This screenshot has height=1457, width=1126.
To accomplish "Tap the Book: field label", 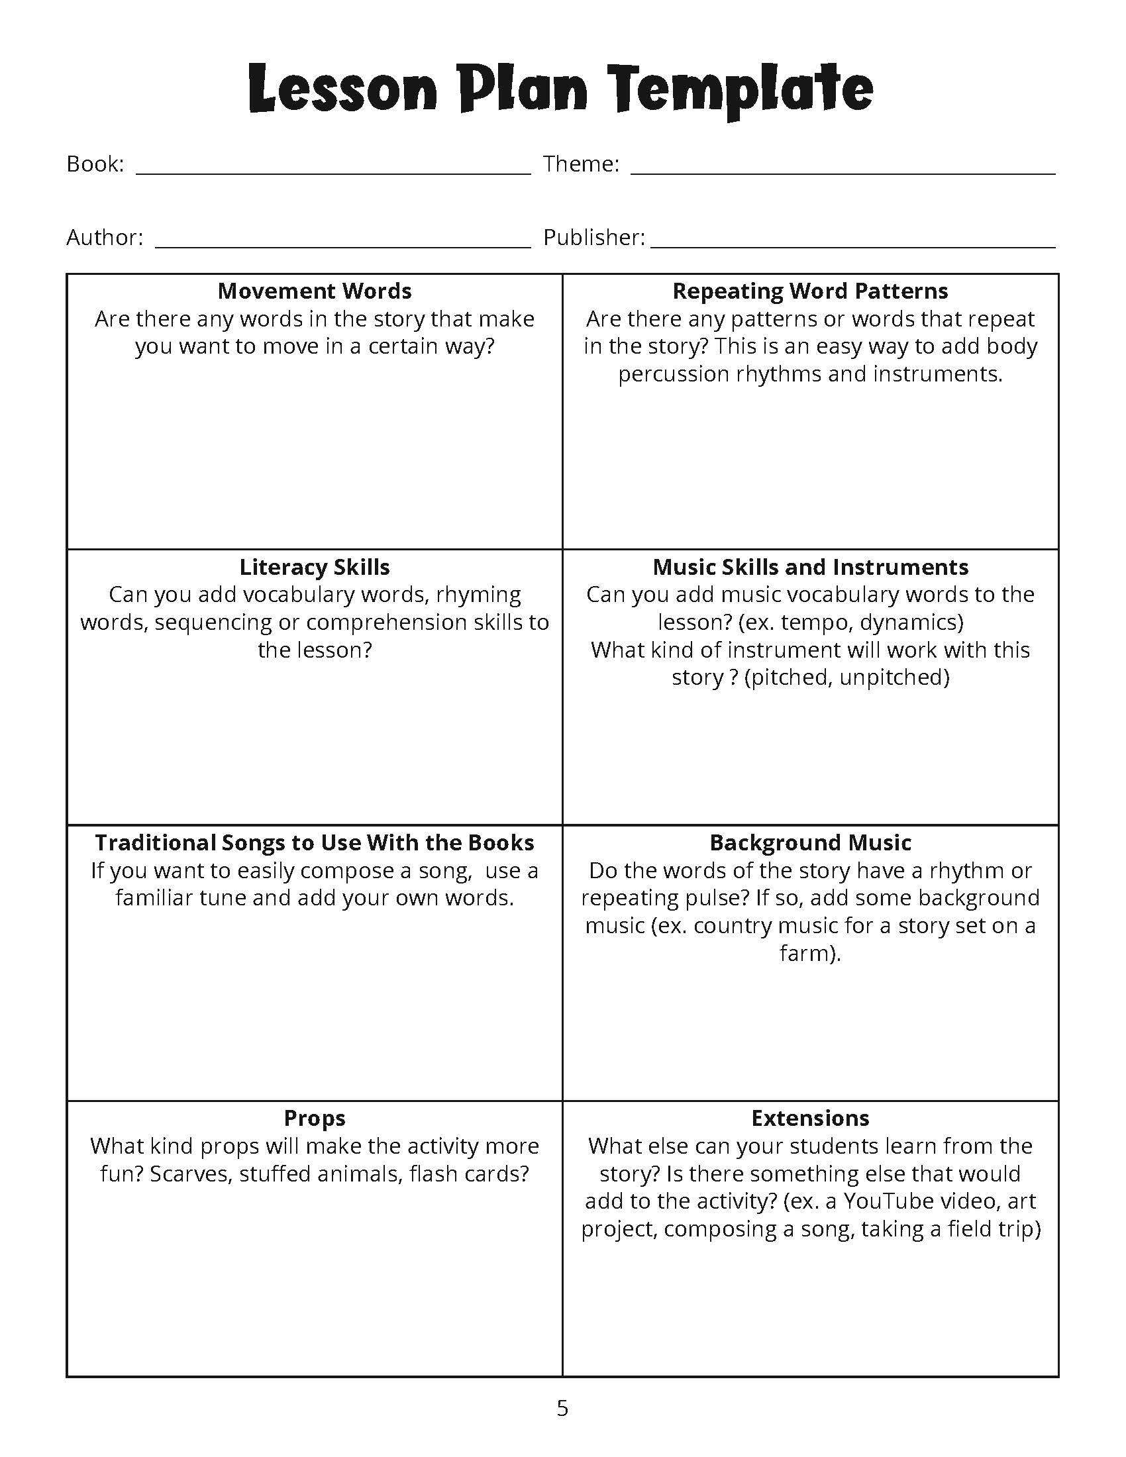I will pyautogui.click(x=95, y=164).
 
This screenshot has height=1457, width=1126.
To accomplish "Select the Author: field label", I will pyautogui.click(x=105, y=238).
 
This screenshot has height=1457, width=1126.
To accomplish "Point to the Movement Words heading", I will pyautogui.click(x=314, y=291).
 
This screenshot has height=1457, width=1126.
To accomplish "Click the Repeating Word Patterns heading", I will pyautogui.click(x=810, y=291).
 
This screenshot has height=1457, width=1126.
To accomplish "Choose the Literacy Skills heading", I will pyautogui.click(x=314, y=568).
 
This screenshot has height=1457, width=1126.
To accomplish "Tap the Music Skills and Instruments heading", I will pyautogui.click(x=810, y=568).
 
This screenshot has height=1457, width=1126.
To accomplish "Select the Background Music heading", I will pyautogui.click(x=810, y=843).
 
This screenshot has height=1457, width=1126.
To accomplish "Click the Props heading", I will pyautogui.click(x=314, y=1119).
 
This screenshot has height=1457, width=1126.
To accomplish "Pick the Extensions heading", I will pyautogui.click(x=810, y=1119).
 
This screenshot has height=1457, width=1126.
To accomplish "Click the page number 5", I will pyautogui.click(x=562, y=1408).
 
